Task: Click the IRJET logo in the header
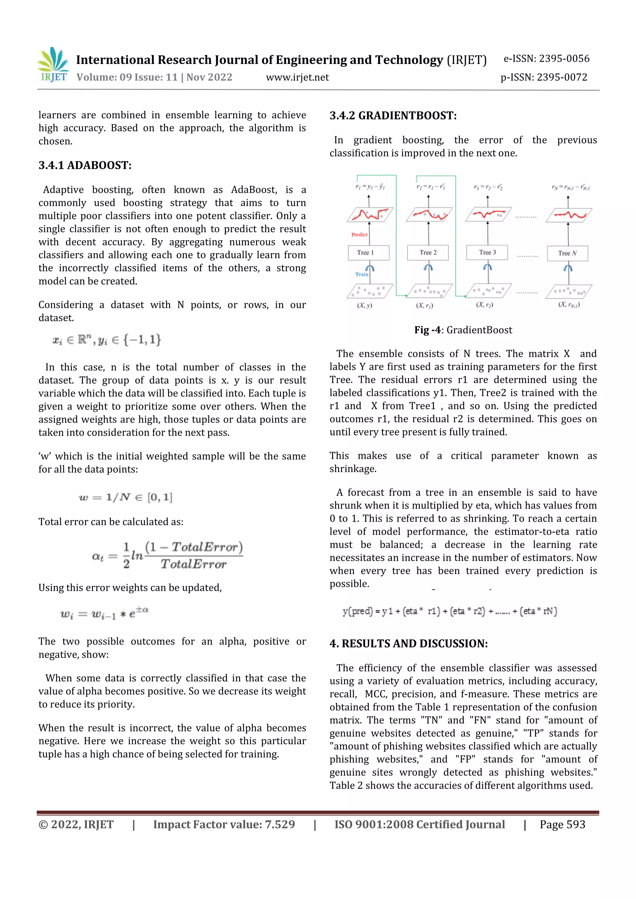coord(54,65)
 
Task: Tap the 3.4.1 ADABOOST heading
coord(85,165)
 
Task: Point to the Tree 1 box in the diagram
coord(368,253)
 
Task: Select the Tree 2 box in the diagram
coord(428,253)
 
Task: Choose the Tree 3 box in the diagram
coord(487,253)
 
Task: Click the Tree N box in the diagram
coord(567,253)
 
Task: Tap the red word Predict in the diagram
coord(359,235)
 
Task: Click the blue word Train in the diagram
coord(361,274)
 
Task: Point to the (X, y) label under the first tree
coord(365,305)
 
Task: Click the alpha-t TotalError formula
coord(167,555)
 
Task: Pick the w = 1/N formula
coord(125,497)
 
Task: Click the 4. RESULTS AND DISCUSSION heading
coord(408,644)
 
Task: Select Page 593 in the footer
coord(562,825)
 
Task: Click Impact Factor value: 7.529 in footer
coord(224,825)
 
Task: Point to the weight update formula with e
coord(104,613)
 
